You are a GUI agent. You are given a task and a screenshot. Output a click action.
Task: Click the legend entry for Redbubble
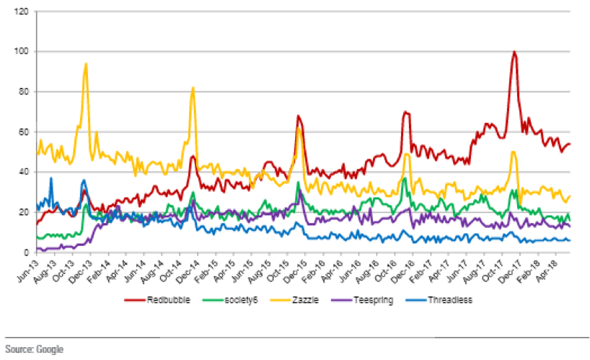coord(166,299)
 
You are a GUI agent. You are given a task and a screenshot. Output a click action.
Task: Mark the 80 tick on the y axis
coord(23,92)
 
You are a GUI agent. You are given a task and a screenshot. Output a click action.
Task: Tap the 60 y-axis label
coord(23,133)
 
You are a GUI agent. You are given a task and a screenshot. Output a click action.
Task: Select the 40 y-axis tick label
coord(23,172)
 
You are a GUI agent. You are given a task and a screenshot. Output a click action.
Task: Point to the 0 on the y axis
coord(25,253)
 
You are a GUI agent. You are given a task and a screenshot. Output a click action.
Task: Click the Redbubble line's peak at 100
coord(514,52)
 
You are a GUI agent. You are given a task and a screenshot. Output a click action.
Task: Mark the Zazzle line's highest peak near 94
coord(86,63)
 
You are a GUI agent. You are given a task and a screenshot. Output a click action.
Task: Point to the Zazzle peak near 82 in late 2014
coord(193,88)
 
